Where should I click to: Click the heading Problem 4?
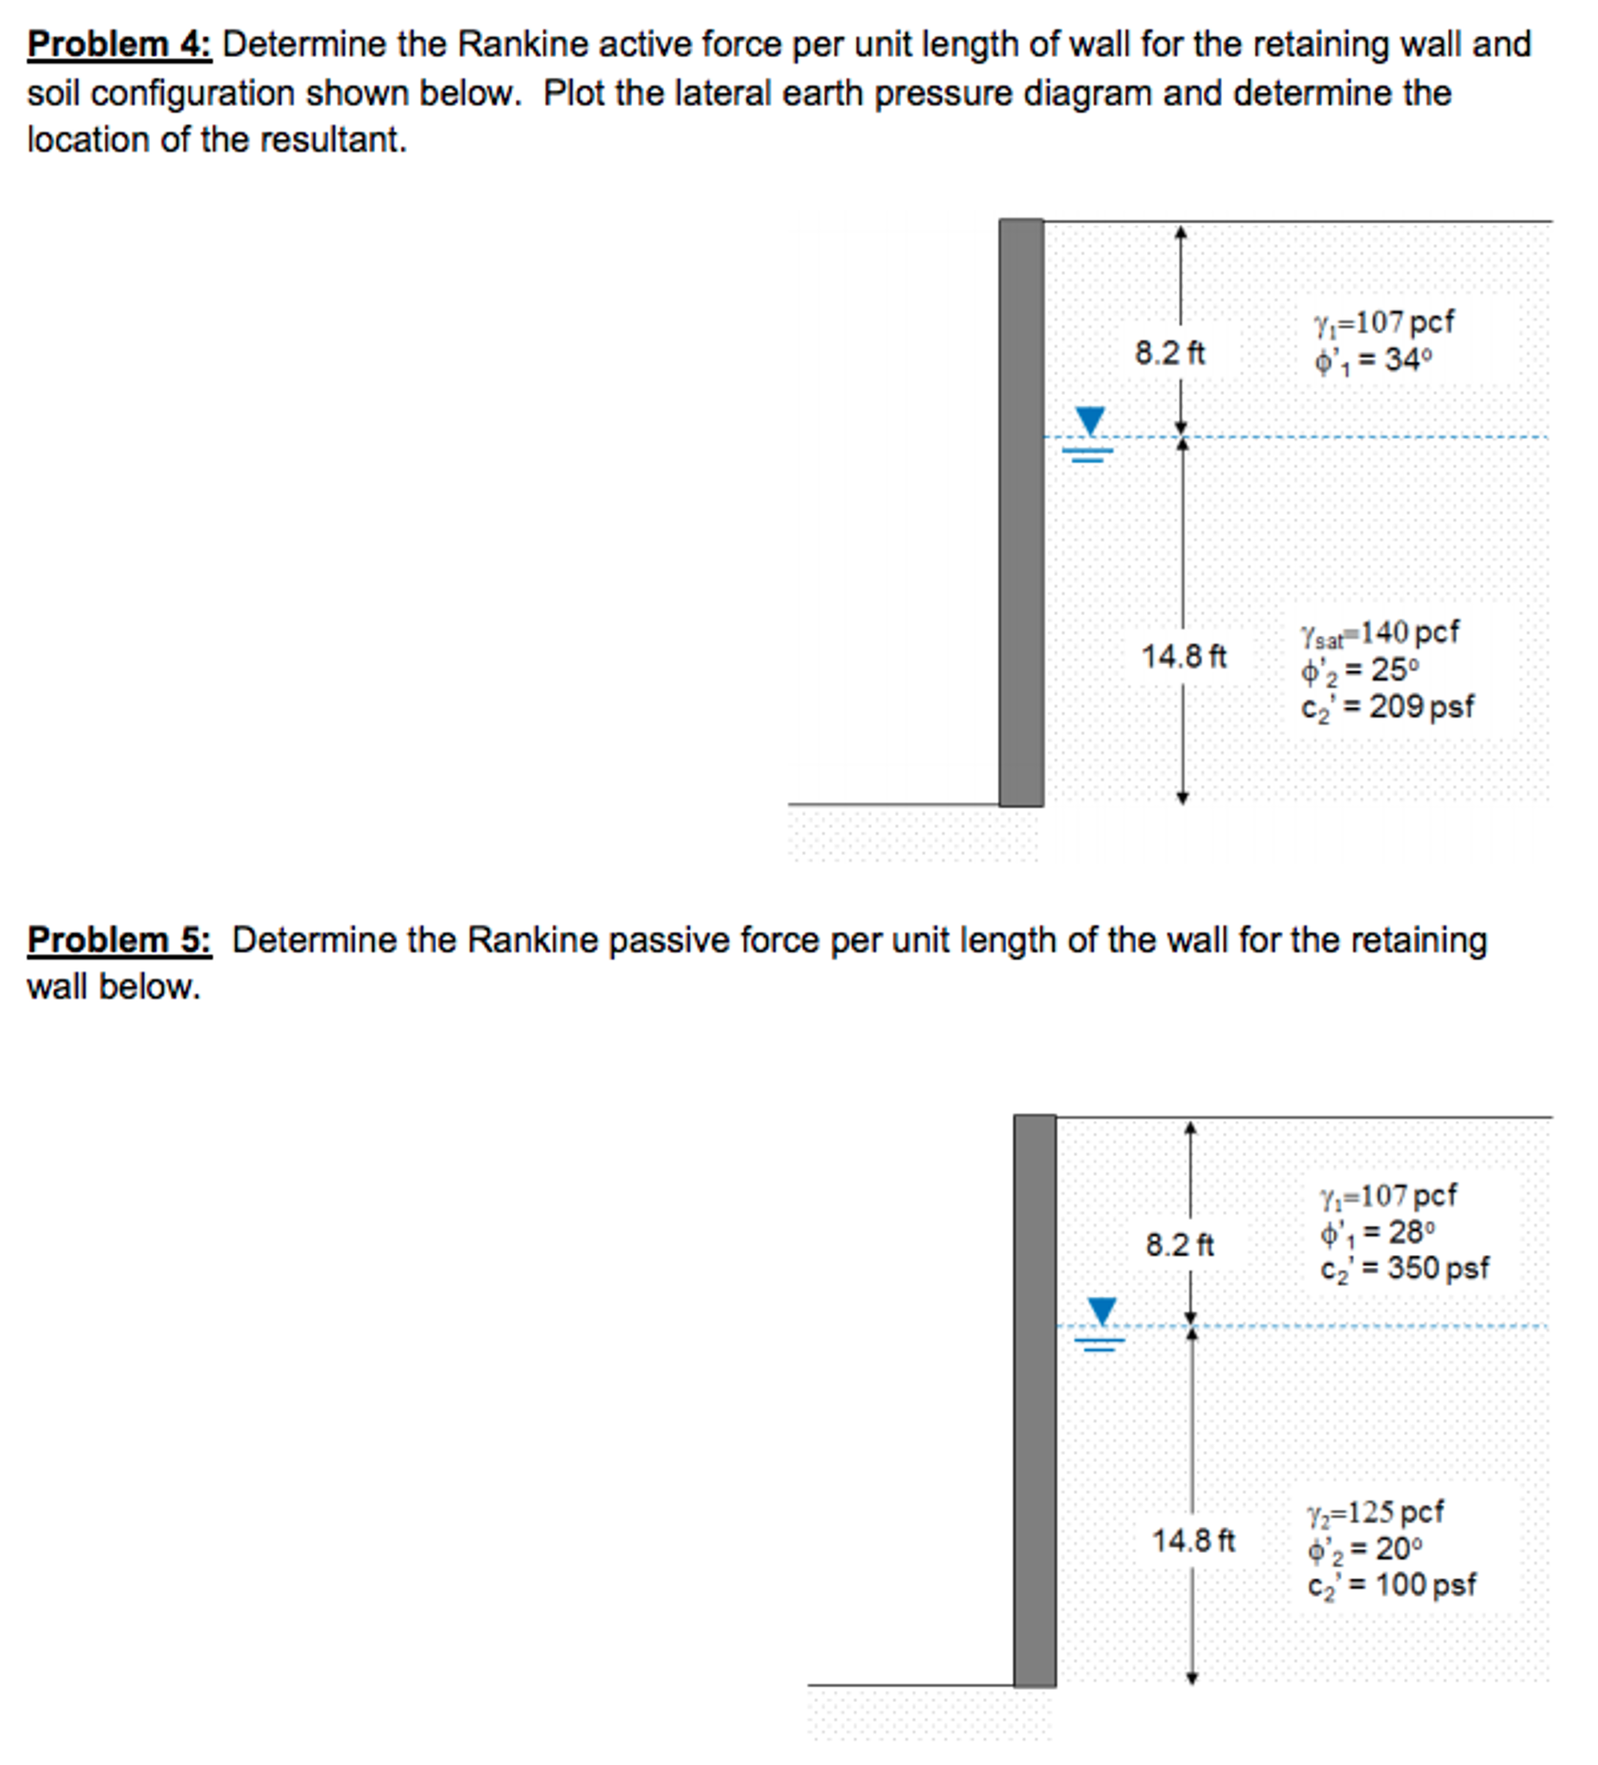(x=119, y=44)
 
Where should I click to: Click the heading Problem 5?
(x=119, y=940)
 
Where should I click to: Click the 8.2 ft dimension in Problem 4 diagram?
(x=1169, y=353)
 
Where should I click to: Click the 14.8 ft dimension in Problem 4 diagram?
(x=1183, y=656)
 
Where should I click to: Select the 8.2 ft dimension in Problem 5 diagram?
(x=1180, y=1245)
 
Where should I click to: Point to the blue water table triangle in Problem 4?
(x=1089, y=419)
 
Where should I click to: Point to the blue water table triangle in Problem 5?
(x=1101, y=1310)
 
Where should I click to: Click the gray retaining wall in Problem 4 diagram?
(x=1021, y=512)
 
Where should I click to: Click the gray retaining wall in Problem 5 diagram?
(x=1034, y=1401)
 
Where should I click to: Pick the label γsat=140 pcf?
(x=1379, y=632)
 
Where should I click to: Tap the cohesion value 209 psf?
(x=1421, y=707)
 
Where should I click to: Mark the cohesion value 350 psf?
(x=1438, y=1268)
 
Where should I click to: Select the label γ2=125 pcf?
(x=1375, y=1512)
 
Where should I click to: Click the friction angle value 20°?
(x=1399, y=1548)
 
